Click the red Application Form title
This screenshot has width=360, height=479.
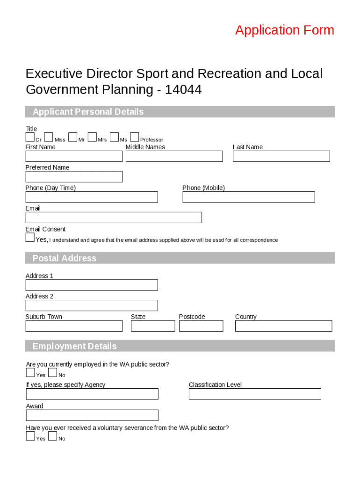click(284, 30)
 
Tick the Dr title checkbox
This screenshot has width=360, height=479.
click(30, 137)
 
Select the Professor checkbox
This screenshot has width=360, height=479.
click(135, 137)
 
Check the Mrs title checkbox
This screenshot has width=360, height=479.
click(92, 137)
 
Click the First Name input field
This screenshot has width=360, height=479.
click(74, 156)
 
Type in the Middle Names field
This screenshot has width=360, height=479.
click(174, 156)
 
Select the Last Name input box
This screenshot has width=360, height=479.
click(281, 156)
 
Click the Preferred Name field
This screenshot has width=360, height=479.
click(74, 177)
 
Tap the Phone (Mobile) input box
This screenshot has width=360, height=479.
click(248, 197)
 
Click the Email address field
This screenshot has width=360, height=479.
click(114, 218)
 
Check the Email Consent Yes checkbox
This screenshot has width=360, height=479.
click(30, 238)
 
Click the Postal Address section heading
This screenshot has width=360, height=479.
click(65, 258)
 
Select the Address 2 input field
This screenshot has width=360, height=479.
click(92, 305)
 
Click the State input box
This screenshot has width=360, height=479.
click(153, 326)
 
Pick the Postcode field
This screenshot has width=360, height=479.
click(201, 326)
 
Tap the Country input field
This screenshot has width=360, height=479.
click(283, 326)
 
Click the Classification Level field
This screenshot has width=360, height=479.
click(255, 394)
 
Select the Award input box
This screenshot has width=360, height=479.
click(92, 415)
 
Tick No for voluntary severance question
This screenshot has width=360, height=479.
click(52, 436)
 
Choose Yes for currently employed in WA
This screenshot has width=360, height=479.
click(30, 373)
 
